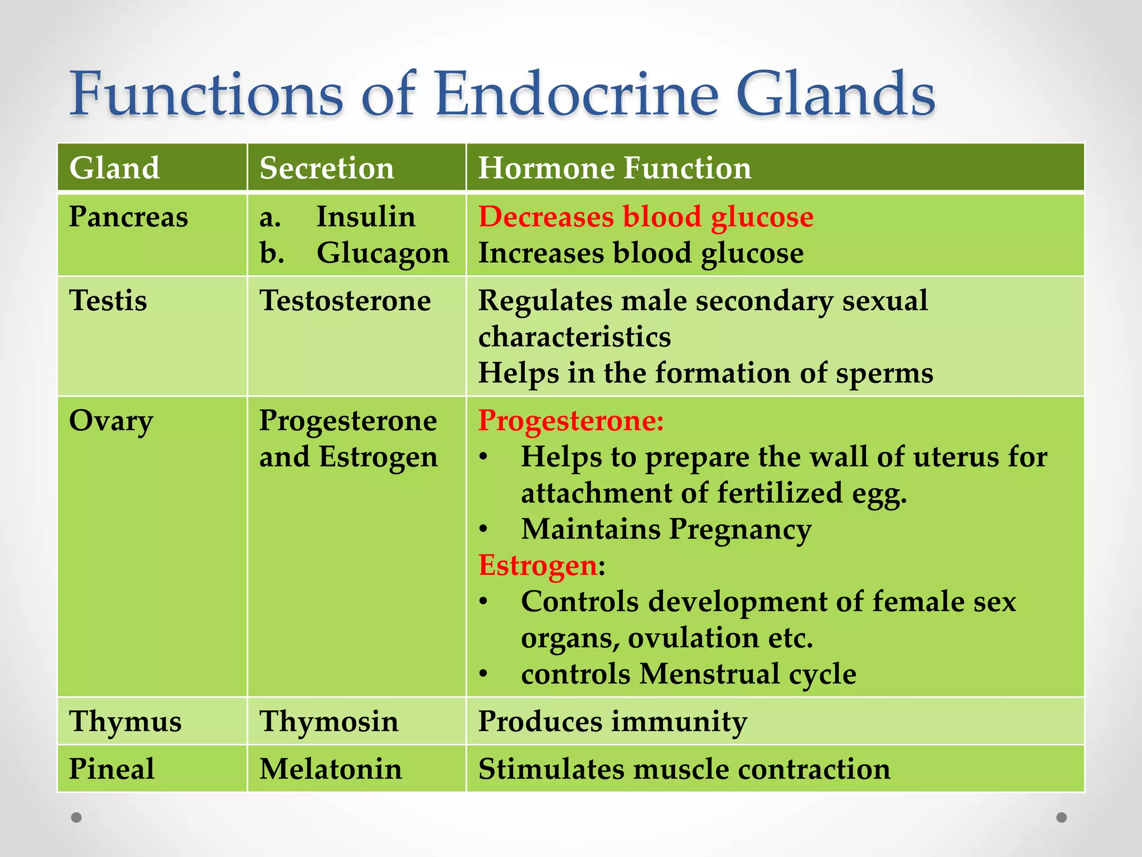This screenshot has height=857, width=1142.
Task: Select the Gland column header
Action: [114, 168]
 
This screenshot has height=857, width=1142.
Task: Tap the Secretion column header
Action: [327, 168]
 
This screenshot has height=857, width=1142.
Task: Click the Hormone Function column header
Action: [614, 168]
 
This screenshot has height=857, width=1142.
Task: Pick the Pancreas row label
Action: [128, 216]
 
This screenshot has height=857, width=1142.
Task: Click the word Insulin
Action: [366, 216]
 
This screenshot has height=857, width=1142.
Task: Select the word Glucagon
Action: [383, 253]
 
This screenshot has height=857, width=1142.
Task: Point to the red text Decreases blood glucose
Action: [646, 216]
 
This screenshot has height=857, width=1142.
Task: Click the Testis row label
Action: [108, 300]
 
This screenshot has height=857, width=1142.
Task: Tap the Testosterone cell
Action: [345, 300]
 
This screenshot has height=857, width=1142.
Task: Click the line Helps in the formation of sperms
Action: [705, 373]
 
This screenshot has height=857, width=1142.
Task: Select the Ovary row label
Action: [111, 421]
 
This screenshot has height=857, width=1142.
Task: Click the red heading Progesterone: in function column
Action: [571, 421]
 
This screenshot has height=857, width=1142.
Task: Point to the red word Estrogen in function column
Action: [538, 565]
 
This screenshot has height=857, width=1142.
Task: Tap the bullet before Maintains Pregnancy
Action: [483, 529]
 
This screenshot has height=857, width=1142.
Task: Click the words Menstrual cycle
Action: [747, 673]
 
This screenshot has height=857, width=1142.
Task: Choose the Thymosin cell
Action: [329, 721]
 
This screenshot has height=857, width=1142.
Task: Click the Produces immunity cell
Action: [612, 721]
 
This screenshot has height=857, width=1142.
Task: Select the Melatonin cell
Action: [331, 769]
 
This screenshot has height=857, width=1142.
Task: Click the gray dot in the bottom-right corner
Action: [1062, 817]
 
